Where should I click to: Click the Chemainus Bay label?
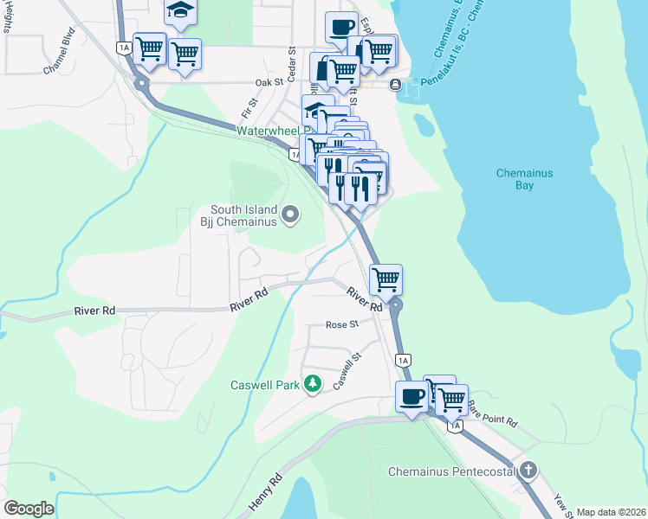(524, 179)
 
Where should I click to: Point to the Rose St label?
(341, 325)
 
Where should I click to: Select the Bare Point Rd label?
(491, 411)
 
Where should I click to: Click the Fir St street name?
(250, 109)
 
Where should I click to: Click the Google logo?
(28, 509)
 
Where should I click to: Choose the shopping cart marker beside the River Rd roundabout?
(385, 279)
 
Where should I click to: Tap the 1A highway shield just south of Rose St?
(401, 359)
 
